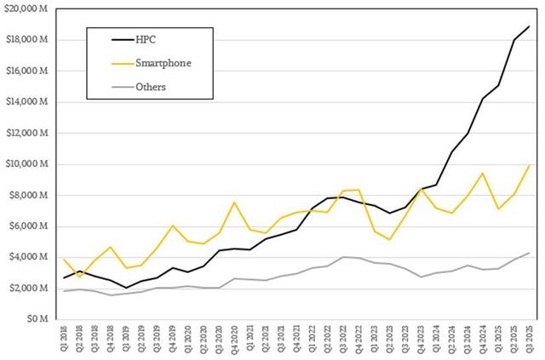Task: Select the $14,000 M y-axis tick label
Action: pos(31,102)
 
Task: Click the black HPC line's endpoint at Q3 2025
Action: pos(530,26)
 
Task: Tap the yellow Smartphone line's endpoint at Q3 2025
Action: pos(530,165)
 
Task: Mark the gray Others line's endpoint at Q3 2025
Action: pos(530,253)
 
